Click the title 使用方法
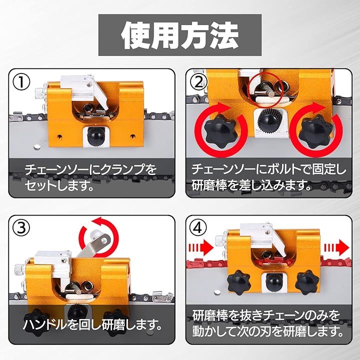(x=180, y=35)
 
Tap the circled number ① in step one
(x=21, y=82)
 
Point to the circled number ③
(x=21, y=228)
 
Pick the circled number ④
(x=198, y=228)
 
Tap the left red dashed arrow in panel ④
(x=200, y=248)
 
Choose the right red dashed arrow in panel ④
(x=336, y=247)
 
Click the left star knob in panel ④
(x=239, y=282)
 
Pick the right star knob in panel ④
(x=307, y=282)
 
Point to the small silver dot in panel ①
(x=36, y=146)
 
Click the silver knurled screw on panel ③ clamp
(x=19, y=268)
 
